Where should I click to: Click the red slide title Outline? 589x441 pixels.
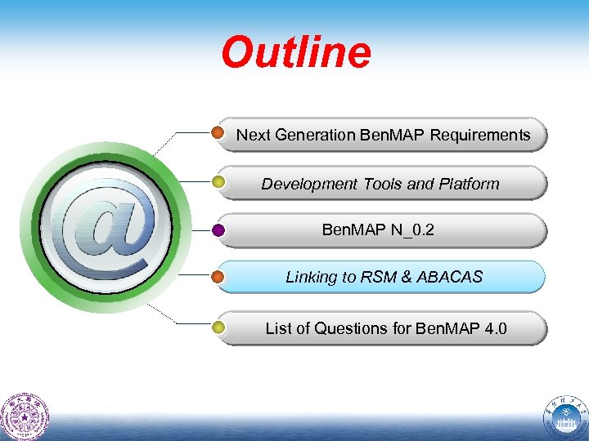click(295, 52)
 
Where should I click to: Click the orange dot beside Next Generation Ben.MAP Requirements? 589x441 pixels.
click(218, 132)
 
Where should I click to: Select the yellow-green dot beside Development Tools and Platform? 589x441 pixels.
click(218, 181)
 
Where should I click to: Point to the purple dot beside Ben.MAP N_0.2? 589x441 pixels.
click(218, 230)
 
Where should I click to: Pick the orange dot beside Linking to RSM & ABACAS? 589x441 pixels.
click(218, 278)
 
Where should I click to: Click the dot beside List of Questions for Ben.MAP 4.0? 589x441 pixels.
click(218, 328)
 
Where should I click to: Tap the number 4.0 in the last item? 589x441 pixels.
click(495, 328)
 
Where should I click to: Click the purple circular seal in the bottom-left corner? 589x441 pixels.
click(24, 416)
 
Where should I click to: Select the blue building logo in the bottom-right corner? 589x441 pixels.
click(566, 417)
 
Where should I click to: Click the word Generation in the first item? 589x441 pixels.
click(315, 135)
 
